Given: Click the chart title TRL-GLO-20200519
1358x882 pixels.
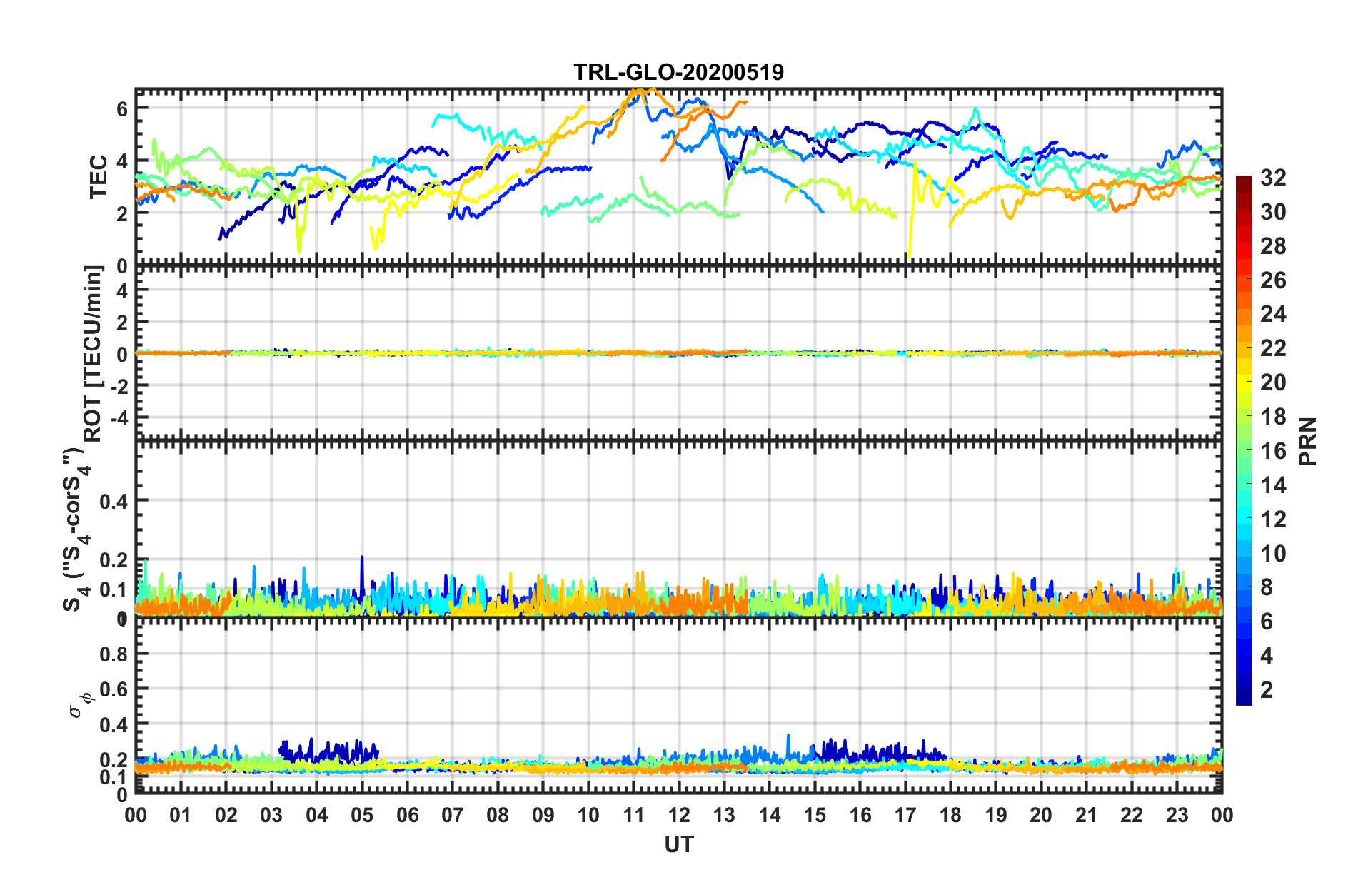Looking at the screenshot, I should tap(678, 72).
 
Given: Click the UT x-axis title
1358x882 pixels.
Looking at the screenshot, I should tap(678, 845).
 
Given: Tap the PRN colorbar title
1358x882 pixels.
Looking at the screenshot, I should tap(1308, 441).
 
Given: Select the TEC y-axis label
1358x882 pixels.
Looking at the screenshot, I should tap(98, 176).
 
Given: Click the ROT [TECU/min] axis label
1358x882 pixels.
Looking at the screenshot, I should tap(94, 353).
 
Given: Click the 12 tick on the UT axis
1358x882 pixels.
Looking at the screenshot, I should tap(679, 815).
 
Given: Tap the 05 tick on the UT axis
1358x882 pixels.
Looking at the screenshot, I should tap(362, 815).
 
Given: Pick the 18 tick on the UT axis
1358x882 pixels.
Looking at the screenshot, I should tap(950, 815).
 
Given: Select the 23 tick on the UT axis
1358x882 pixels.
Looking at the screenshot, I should tap(1177, 815).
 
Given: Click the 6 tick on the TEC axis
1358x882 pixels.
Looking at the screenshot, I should tap(122, 108).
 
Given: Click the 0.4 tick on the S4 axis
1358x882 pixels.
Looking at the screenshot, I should tap(114, 501).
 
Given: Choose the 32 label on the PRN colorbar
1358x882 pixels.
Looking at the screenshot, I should tap(1273, 178).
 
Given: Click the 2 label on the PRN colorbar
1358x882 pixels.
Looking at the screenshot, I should tap(1267, 689).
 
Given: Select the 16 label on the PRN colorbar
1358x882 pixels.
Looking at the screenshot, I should tap(1273, 451).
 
